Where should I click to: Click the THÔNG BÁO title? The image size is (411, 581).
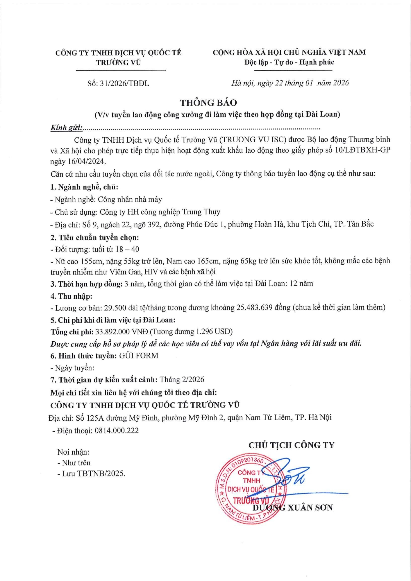coord(208,103)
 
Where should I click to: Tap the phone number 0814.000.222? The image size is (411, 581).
coord(117,431)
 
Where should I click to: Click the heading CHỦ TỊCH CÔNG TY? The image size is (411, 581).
coord(291,445)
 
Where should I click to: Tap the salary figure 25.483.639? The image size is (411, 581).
coord(254,307)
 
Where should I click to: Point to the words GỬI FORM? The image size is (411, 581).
coord(139,356)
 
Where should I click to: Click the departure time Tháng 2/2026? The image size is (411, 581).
coord(182,380)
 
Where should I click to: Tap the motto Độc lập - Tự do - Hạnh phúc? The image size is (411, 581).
coord(289,62)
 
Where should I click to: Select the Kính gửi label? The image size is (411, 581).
coord(66,128)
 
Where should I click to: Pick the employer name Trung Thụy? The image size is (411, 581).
coord(201,212)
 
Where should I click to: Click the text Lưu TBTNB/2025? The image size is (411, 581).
coord(94,474)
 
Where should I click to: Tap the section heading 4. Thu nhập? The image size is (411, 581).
coord(71,296)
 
